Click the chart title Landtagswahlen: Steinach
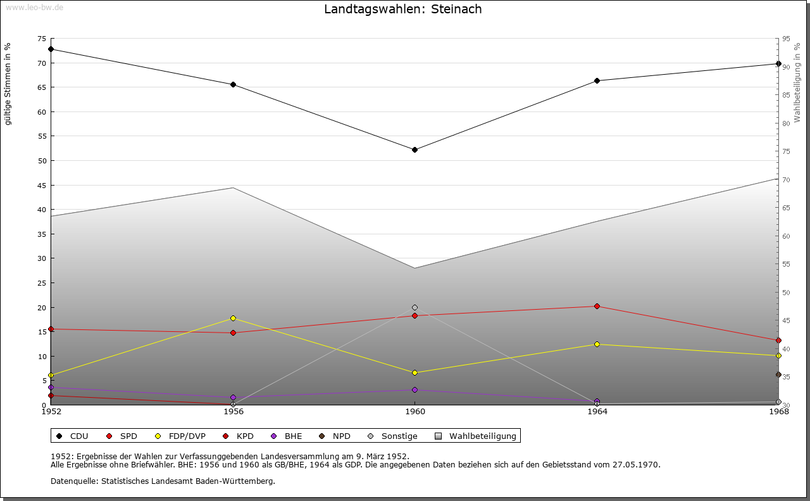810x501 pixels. click(402, 9)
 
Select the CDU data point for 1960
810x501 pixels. click(414, 150)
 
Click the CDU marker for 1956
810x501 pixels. click(233, 85)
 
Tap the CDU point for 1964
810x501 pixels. click(597, 81)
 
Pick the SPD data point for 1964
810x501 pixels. click(597, 307)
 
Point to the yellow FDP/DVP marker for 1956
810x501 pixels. click(233, 319)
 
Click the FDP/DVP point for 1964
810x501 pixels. click(597, 345)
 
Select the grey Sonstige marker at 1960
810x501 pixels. click(414, 308)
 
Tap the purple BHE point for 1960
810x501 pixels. click(414, 390)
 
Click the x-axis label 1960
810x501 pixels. click(414, 412)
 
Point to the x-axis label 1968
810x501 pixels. click(778, 412)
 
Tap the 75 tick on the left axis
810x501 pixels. click(41, 39)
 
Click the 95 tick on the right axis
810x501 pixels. click(786, 39)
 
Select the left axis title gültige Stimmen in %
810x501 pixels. click(8, 84)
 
